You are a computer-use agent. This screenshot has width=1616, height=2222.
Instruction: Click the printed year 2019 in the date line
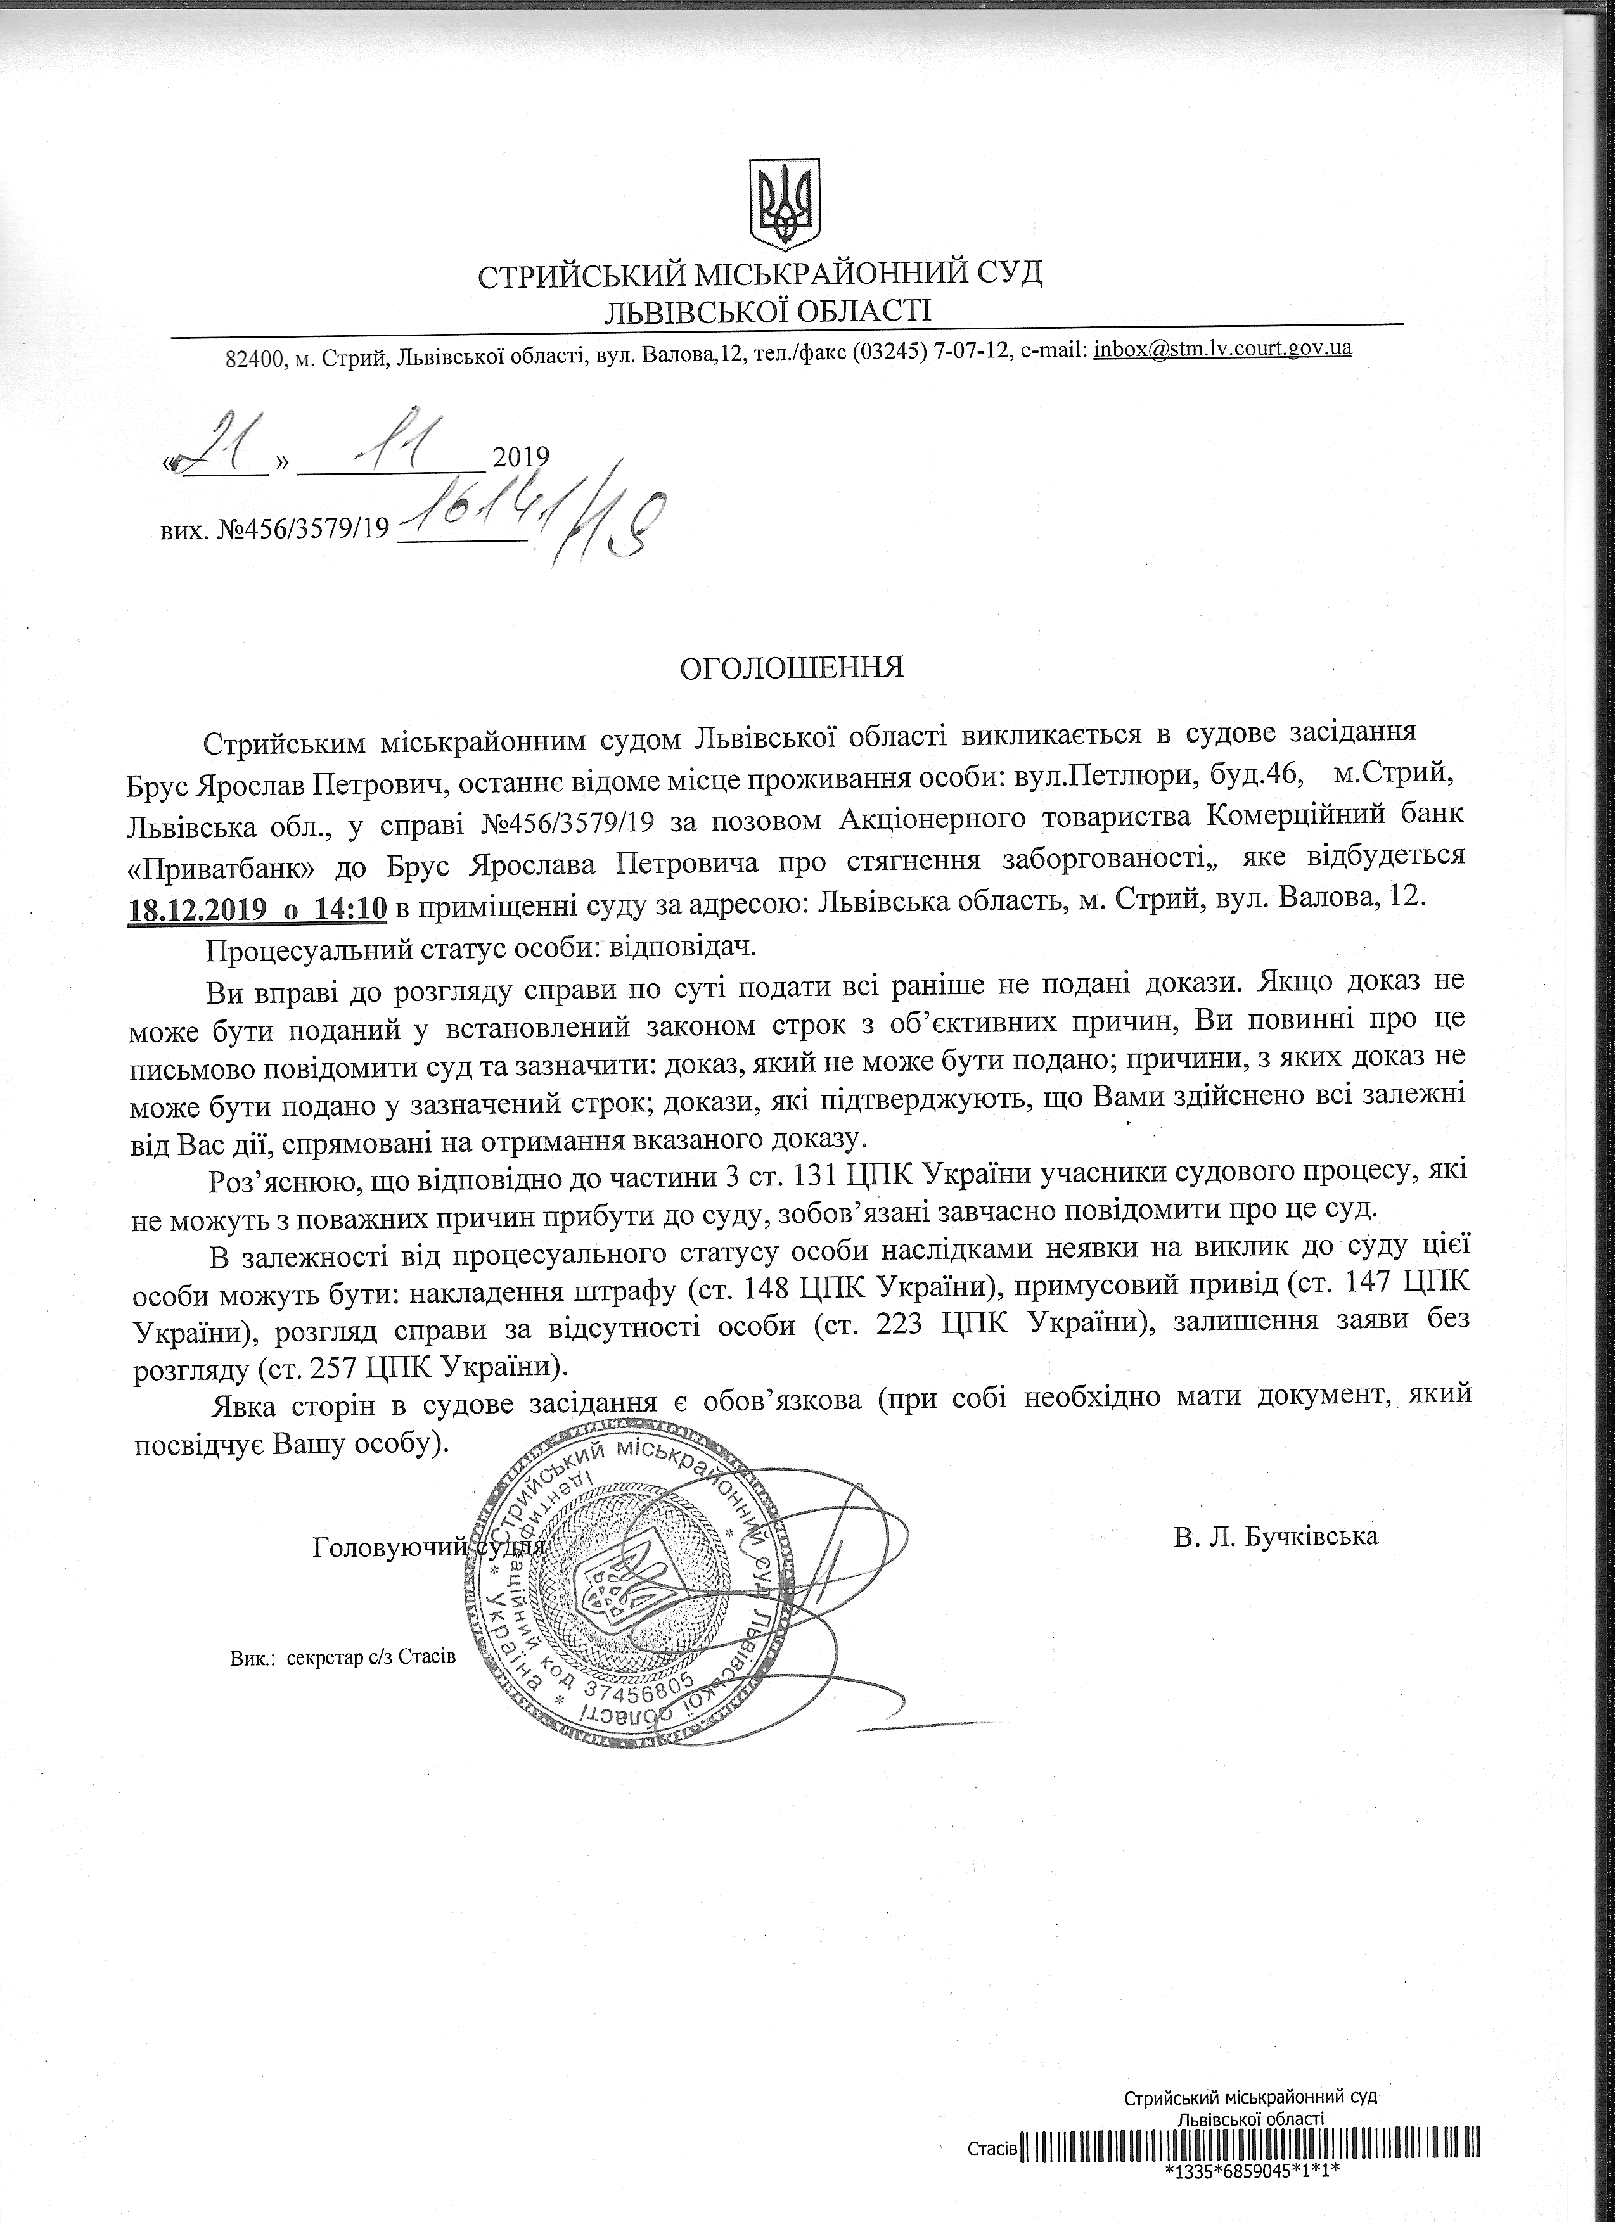pos(520,457)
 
